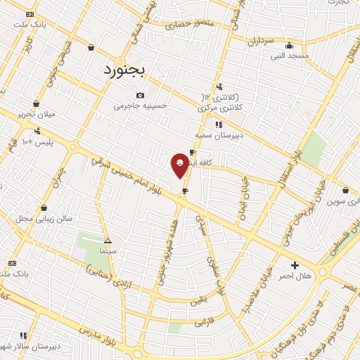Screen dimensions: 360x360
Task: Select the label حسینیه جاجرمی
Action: click(142, 106)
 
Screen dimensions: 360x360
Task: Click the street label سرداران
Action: click(258, 41)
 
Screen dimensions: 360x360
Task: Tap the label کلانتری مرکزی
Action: click(220, 107)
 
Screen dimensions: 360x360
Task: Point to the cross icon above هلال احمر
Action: click(295, 265)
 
